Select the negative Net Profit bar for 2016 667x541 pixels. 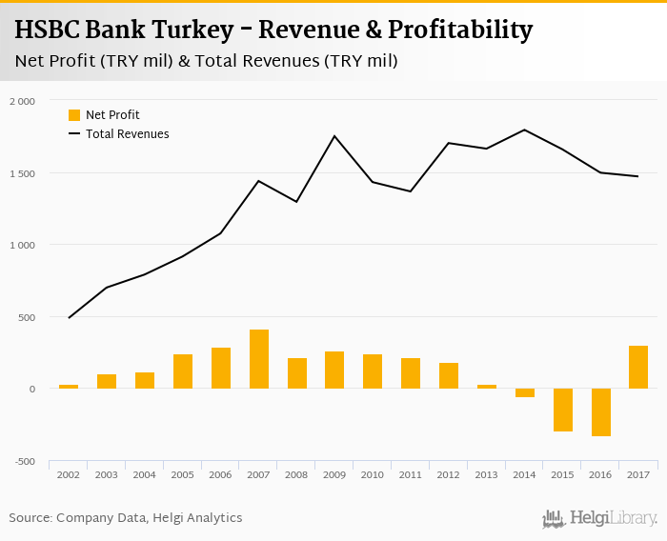600,412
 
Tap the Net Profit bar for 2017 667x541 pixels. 638,367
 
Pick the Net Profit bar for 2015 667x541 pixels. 562,410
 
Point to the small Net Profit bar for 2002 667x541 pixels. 69,386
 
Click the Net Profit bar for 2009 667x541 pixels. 334,370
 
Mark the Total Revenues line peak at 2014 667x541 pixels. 525,130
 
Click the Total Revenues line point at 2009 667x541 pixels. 334,136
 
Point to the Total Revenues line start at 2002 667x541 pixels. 69,317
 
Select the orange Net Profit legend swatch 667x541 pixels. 74,115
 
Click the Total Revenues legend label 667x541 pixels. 128,134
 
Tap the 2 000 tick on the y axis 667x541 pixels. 22,101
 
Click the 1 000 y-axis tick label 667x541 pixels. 22,245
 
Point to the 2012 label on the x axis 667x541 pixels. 449,474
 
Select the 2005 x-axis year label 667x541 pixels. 183,474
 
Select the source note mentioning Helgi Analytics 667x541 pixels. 126,518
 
